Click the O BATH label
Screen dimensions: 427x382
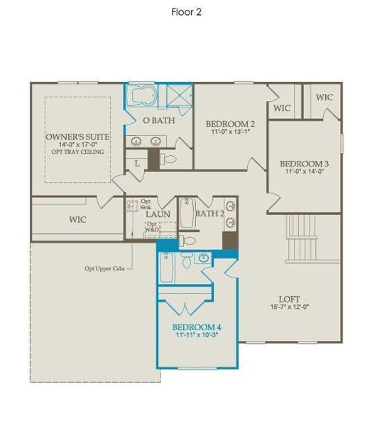[x=154, y=121]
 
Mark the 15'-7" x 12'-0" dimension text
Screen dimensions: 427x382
[x=290, y=307]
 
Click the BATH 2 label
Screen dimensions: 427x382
[x=209, y=213]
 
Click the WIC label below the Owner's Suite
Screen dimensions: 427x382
[x=77, y=220]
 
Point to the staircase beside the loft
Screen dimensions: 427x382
[x=302, y=239]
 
